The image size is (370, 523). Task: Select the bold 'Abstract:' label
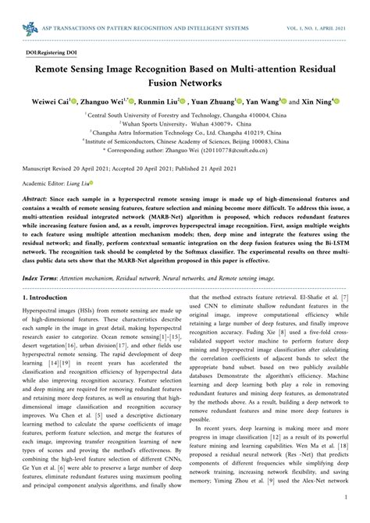click(39, 200)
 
